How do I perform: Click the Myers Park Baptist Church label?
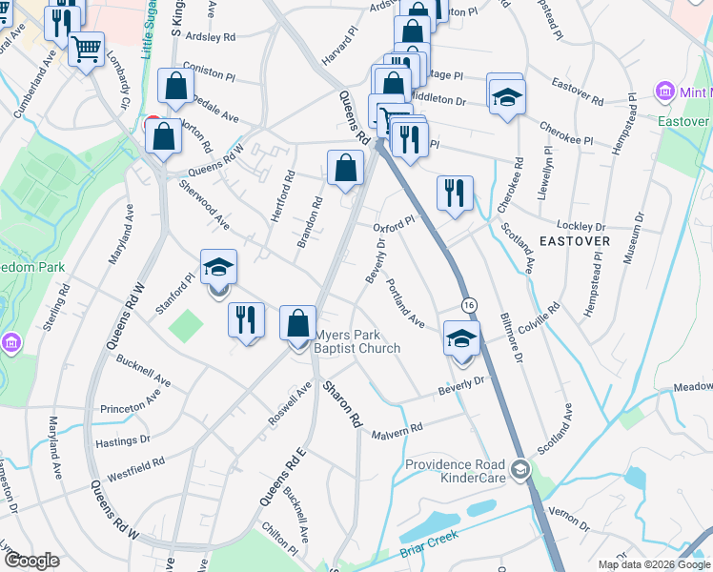(357, 341)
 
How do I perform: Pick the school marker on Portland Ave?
(461, 337)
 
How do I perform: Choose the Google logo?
(32, 561)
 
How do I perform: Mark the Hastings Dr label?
(125, 440)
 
